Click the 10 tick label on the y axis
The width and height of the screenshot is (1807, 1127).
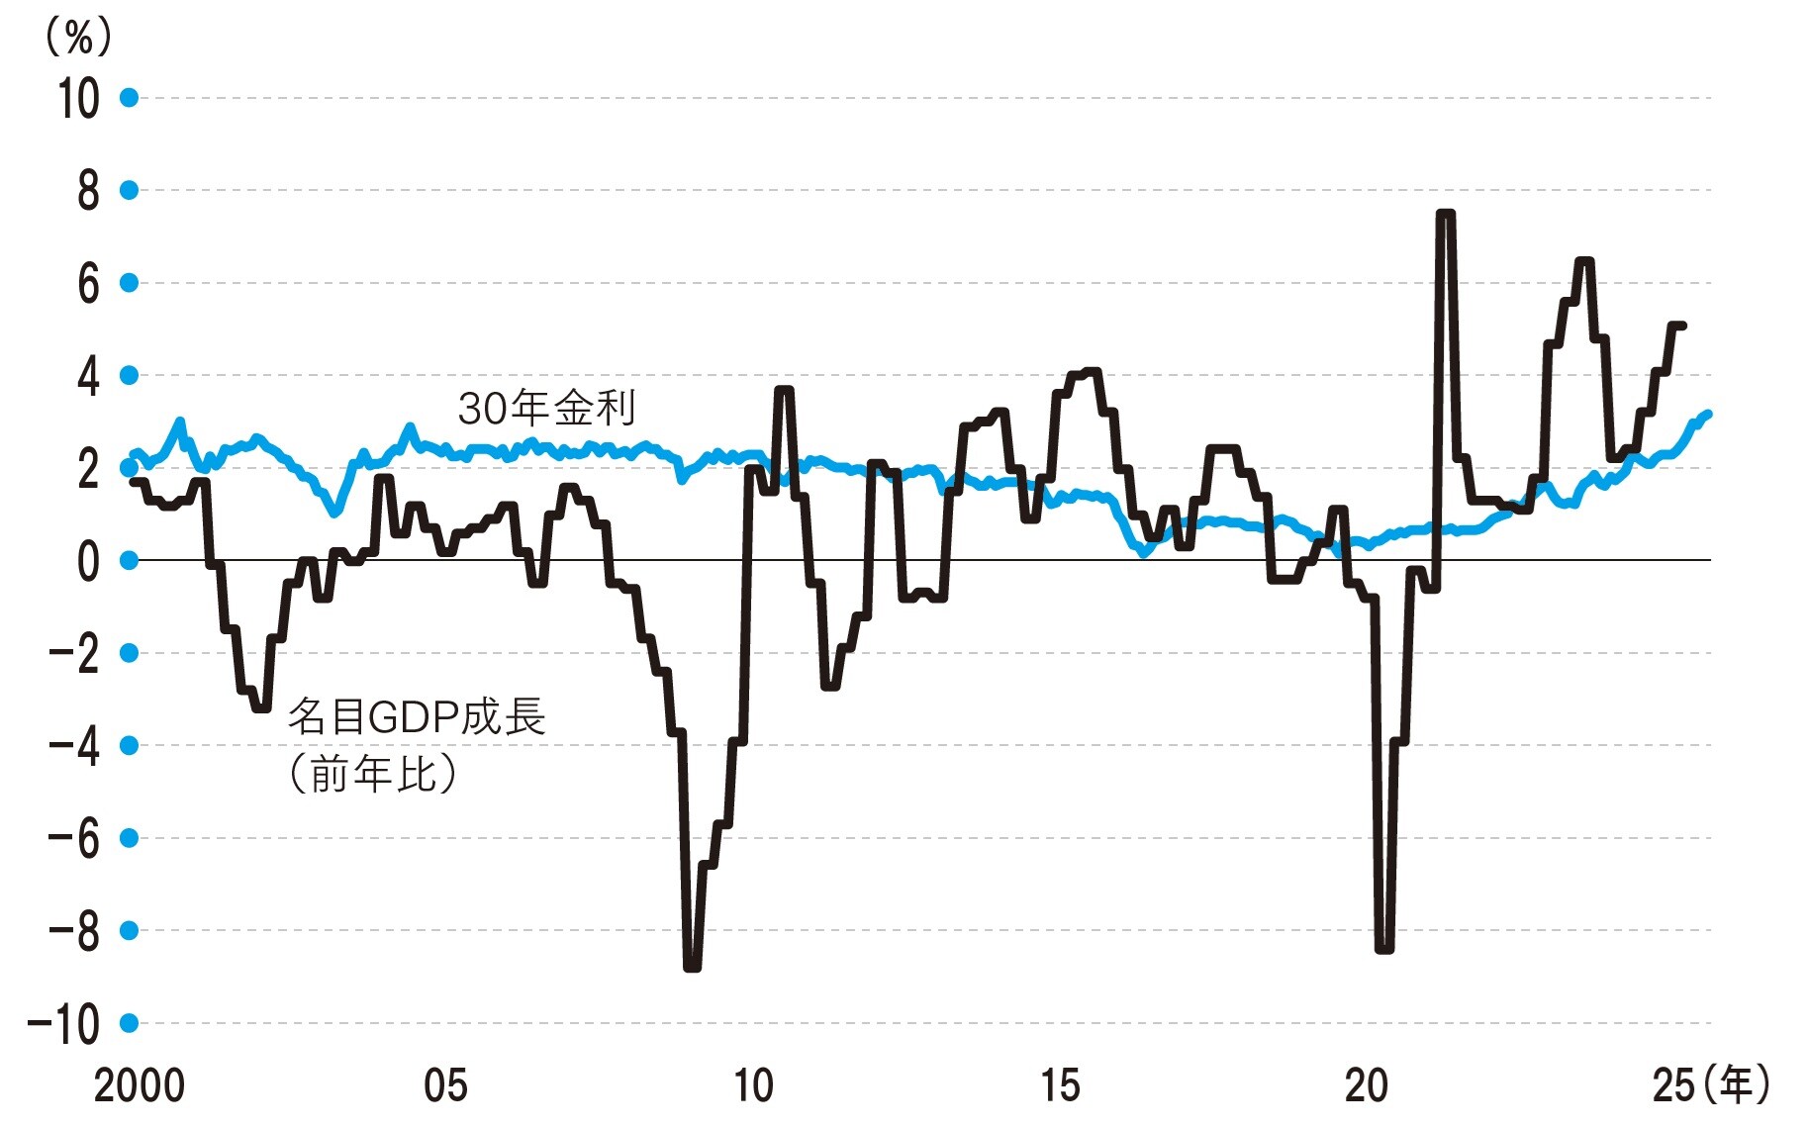[x=78, y=99]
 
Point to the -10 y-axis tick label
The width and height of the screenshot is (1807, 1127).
[x=64, y=1024]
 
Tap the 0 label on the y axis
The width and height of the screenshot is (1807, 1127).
[x=88, y=562]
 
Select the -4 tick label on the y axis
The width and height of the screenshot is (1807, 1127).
[x=74, y=747]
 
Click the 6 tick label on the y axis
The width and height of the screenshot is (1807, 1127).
[x=88, y=284]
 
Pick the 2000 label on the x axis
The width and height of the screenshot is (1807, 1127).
[x=139, y=1086]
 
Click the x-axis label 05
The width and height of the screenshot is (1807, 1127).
[x=445, y=1086]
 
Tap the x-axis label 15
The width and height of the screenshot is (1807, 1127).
[x=1060, y=1086]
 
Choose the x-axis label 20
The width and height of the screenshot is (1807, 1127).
[x=1367, y=1086]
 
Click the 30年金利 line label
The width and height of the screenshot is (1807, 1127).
[x=546, y=408]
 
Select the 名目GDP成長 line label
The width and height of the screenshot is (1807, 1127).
[x=417, y=716]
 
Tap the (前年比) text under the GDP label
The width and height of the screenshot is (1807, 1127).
[x=373, y=774]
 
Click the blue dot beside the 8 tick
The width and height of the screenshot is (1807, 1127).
[x=129, y=190]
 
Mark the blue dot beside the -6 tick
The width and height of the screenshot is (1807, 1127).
[x=129, y=838]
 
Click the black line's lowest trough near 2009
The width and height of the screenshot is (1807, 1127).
[x=692, y=967]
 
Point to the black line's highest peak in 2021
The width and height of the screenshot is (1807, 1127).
[x=1445, y=213]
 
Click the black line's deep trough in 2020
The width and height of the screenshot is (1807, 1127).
[x=1384, y=949]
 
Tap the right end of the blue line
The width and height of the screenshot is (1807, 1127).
[x=1708, y=414]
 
